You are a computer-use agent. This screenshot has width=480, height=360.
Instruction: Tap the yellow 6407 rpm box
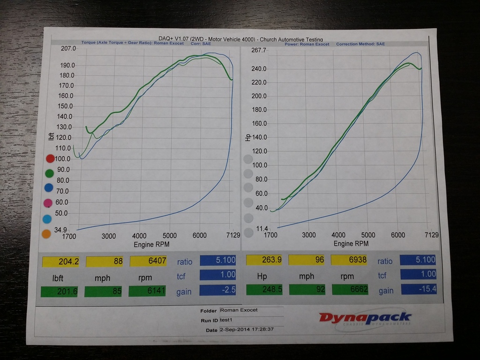pyautogui.click(x=149, y=261)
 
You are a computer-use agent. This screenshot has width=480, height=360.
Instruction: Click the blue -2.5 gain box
pyautogui.click(x=218, y=290)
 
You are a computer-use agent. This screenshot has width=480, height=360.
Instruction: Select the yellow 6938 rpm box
pyautogui.click(x=349, y=259)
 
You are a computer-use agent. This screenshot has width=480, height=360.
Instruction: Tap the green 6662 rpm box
pyautogui.click(x=350, y=289)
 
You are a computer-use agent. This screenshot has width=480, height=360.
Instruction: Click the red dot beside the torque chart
pyautogui.click(x=50, y=158)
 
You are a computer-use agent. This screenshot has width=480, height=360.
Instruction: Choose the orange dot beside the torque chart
pyautogui.click(x=46, y=234)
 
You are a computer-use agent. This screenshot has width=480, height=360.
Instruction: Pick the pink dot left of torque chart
pyautogui.click(x=48, y=203)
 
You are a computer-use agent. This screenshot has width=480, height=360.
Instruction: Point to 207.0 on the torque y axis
pyautogui.click(x=68, y=48)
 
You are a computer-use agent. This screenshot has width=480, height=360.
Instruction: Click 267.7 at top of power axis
pyautogui.click(x=259, y=50)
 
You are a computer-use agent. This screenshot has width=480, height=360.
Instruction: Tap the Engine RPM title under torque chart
pyautogui.click(x=151, y=244)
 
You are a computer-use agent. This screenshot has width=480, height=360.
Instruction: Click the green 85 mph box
pyautogui.click(x=103, y=292)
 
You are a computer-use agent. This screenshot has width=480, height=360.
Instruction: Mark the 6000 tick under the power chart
pyautogui.click(x=398, y=235)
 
